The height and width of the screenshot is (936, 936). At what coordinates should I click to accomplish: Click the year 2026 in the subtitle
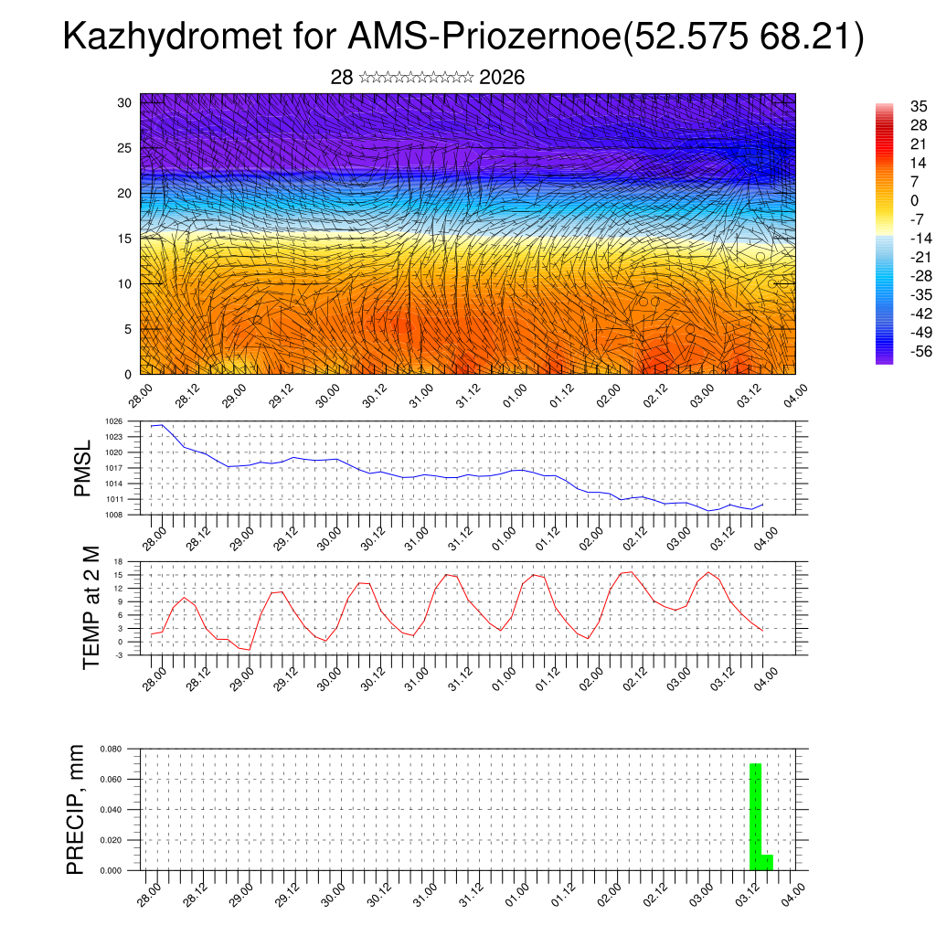pos(502,78)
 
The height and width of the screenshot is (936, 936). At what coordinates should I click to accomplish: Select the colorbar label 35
pos(910,107)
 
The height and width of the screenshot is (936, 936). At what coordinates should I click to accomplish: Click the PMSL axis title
pos(83,468)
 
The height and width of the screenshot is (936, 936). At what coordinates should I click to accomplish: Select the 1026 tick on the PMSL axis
pos(114,421)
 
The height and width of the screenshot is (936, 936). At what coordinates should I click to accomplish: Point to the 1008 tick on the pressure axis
pos(114,515)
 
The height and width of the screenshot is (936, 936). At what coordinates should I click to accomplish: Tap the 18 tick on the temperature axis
pos(119,561)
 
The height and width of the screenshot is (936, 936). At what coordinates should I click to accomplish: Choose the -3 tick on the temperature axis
pos(119,654)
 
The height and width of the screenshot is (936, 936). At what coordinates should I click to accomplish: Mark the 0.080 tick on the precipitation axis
pos(111,749)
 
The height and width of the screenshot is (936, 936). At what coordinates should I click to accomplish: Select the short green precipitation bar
pos(767,862)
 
